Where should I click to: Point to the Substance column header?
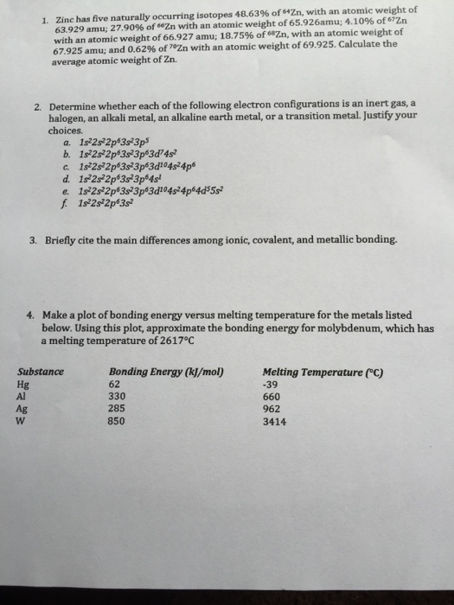pyautogui.click(x=41, y=372)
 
